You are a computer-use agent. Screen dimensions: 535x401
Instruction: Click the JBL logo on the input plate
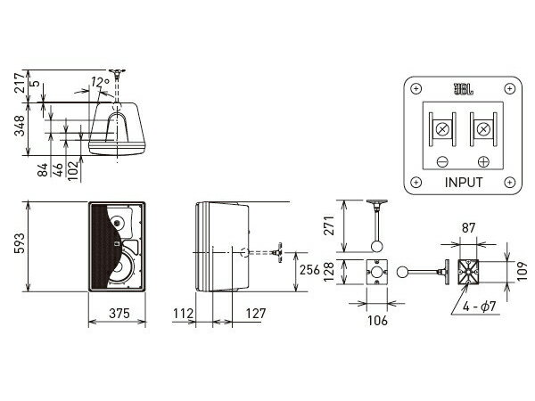pos(463,89)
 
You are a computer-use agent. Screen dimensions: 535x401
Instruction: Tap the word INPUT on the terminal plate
pos(464,183)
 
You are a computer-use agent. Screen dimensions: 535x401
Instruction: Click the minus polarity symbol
pos(442,161)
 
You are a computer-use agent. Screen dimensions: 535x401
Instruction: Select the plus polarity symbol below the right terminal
pos(483,161)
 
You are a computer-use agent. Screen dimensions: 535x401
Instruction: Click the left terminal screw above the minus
pos(442,129)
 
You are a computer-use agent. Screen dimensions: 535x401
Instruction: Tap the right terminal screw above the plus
pos(483,129)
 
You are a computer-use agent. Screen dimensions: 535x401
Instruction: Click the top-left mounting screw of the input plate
pos(416,89)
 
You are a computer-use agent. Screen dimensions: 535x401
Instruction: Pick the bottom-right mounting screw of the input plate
pos(510,182)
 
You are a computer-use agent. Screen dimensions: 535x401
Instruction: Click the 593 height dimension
pos(20,243)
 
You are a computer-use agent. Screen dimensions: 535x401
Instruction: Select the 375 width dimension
pos(119,314)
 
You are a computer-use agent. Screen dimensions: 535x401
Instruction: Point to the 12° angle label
pos(100,82)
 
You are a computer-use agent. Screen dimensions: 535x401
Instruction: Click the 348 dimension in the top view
pos(20,126)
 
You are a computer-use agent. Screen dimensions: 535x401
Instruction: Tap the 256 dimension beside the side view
pos(309,270)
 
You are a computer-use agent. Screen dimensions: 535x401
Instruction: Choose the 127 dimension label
pos(256,314)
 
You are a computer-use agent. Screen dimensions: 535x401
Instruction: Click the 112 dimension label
pos(183,314)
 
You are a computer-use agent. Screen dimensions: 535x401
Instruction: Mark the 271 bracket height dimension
pos(329,225)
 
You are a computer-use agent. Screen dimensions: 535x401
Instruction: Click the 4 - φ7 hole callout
pos(479,307)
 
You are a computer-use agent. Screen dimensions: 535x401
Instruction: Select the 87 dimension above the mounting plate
pos(468,228)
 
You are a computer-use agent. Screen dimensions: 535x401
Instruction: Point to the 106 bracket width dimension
pos(377,321)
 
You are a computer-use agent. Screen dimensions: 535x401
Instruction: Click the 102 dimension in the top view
pos(73,171)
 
